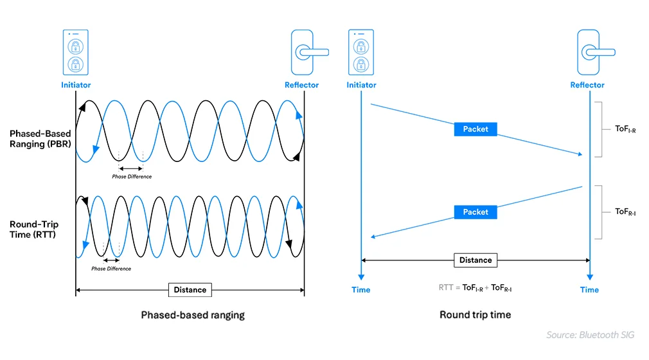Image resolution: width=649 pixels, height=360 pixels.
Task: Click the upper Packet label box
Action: [476, 129]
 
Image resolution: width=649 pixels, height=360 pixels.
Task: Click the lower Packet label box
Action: [476, 212]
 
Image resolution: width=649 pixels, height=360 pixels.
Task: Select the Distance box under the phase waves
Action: [190, 290]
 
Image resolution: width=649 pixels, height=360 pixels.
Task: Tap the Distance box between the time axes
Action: [476, 260]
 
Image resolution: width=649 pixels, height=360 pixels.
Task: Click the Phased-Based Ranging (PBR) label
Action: [40, 139]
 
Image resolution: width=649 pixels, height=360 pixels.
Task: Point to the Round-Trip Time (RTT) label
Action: [33, 230]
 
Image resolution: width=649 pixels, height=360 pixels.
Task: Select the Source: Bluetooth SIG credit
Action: [590, 335]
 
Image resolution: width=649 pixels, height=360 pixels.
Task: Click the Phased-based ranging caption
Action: [193, 315]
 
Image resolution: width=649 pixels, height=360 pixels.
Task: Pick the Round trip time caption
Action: [475, 315]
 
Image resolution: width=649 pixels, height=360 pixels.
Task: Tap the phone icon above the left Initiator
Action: [76, 52]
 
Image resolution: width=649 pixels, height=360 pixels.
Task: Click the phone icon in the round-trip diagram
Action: [361, 52]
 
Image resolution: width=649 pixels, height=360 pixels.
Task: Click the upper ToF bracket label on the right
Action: [625, 129]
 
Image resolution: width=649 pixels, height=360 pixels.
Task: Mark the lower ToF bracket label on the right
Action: [625, 212]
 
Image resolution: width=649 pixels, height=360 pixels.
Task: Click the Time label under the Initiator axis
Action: [361, 290]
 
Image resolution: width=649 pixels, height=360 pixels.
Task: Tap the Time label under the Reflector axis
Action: [589, 290]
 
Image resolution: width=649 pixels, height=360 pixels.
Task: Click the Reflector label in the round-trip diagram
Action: [587, 85]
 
